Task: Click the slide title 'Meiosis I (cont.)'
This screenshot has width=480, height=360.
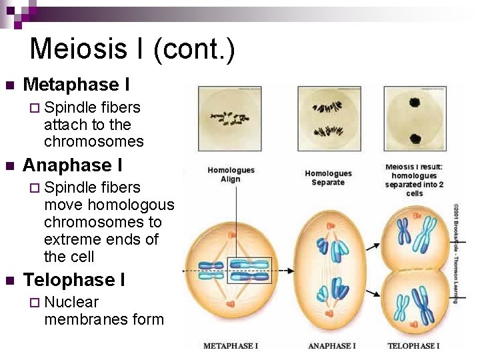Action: point(132,50)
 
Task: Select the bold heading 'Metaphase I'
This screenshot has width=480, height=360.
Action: point(76,85)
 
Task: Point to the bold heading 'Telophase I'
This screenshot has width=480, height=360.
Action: point(73,279)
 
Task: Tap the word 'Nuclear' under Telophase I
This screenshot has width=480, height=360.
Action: point(71,302)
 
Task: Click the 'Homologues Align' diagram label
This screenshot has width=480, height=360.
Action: point(231,175)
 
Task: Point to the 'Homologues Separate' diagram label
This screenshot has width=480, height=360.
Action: point(328,178)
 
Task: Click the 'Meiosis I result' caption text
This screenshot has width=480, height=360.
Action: point(415,180)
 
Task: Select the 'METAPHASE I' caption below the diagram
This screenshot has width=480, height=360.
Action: point(230,346)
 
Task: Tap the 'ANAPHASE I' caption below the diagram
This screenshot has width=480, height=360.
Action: point(331,346)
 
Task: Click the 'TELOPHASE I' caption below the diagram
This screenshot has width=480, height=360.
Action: point(413,346)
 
